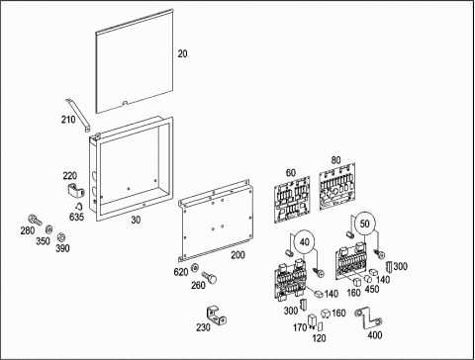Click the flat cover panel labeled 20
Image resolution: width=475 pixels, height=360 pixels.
tap(135, 62)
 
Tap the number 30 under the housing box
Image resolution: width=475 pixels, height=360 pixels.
tap(136, 220)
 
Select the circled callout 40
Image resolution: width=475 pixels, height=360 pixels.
tap(304, 242)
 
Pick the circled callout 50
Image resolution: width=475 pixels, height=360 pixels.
tap(364, 224)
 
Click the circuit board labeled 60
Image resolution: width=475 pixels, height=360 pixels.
tap(292, 199)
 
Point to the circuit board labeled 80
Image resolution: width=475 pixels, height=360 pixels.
tap(337, 186)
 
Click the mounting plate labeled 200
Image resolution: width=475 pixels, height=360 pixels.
tap(217, 221)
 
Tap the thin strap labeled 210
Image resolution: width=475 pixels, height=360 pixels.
tap(78, 115)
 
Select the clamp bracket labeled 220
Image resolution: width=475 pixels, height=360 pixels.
tap(75, 191)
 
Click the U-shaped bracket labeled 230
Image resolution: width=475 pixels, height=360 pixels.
tap(217, 315)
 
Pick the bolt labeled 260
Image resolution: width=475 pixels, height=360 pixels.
tap(209, 277)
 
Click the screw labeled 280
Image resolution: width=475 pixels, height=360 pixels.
tap(35, 220)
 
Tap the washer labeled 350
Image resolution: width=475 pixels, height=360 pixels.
tap(48, 228)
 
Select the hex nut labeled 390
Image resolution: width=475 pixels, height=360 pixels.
tap(60, 236)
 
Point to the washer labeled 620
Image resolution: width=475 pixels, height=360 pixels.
tap(196, 267)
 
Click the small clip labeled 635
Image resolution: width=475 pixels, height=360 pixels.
tap(79, 207)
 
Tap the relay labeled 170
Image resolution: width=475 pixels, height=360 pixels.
tap(312, 321)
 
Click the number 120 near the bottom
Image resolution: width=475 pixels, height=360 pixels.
tap(319, 338)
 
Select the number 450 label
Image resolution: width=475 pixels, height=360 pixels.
tap(372, 289)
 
